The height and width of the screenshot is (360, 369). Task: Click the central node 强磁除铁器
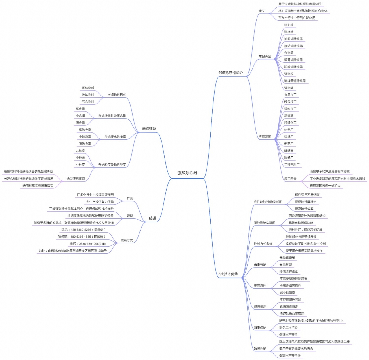pyautogui.click(x=187, y=173)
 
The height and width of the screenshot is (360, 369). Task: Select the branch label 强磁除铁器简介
pyautogui.click(x=230, y=73)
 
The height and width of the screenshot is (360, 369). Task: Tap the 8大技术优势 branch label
pyautogui.click(x=228, y=274)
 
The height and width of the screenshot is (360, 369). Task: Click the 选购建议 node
pyautogui.click(x=149, y=129)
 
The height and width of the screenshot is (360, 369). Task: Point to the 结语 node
pyautogui.click(x=152, y=218)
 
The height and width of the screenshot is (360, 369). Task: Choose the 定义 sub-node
pyautogui.click(x=261, y=11)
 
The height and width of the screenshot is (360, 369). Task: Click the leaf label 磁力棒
pyautogui.click(x=289, y=25)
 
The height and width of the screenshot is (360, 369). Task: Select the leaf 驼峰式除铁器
pyautogui.click(x=293, y=67)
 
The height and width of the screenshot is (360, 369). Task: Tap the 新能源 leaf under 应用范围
pyautogui.click(x=289, y=116)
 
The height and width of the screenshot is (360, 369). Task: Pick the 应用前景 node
pyautogui.click(x=290, y=179)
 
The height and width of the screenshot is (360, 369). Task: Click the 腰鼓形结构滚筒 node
pyautogui.click(x=264, y=223)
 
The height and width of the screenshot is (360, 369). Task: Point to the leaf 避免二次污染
pyautogui.click(x=288, y=328)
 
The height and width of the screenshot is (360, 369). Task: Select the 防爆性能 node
pyautogui.click(x=260, y=349)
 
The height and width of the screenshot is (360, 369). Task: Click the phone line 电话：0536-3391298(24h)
pyautogui.click(x=88, y=244)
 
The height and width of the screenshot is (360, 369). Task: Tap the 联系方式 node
pyautogui.click(x=127, y=240)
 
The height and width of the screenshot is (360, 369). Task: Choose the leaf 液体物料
pyautogui.click(x=88, y=95)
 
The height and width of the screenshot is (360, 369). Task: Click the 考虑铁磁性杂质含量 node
pyautogui.click(x=112, y=116)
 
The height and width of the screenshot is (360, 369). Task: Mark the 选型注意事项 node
pyautogui.click(x=76, y=179)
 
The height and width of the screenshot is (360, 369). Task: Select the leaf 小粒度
pyautogui.click(x=80, y=165)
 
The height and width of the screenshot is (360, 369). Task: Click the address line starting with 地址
pyautogui.click(x=73, y=251)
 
